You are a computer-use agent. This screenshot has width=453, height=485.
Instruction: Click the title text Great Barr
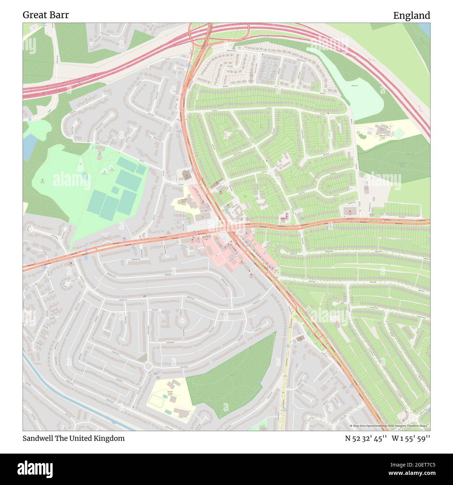coord(46,15)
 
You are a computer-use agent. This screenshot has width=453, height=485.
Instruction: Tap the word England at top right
coord(412,16)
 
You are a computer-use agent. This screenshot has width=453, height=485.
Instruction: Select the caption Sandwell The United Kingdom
coord(74,438)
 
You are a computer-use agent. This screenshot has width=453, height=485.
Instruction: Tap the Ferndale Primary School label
coord(170,393)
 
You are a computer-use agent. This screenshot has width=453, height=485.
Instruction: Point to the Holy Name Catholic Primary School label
coord(184,202)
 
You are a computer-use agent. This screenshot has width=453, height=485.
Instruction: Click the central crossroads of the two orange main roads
coord(230,229)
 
